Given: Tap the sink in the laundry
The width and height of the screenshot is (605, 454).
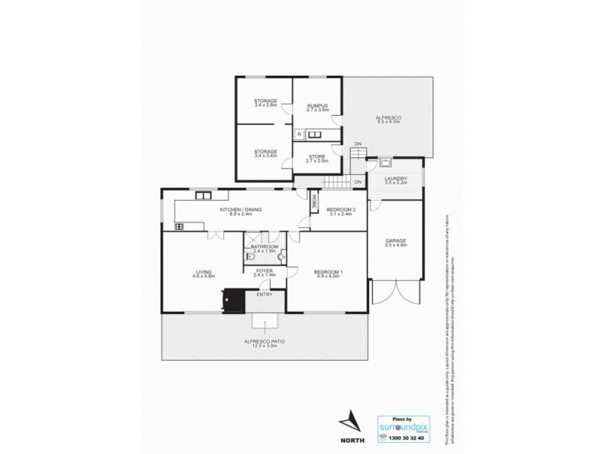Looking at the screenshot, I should pos(386,162).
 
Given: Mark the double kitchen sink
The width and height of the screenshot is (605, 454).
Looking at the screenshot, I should pos(202,195).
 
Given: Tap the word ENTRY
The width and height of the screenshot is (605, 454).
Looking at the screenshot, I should pos(264,294).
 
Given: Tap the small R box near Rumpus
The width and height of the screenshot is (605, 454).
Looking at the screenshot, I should pos(299,135).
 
